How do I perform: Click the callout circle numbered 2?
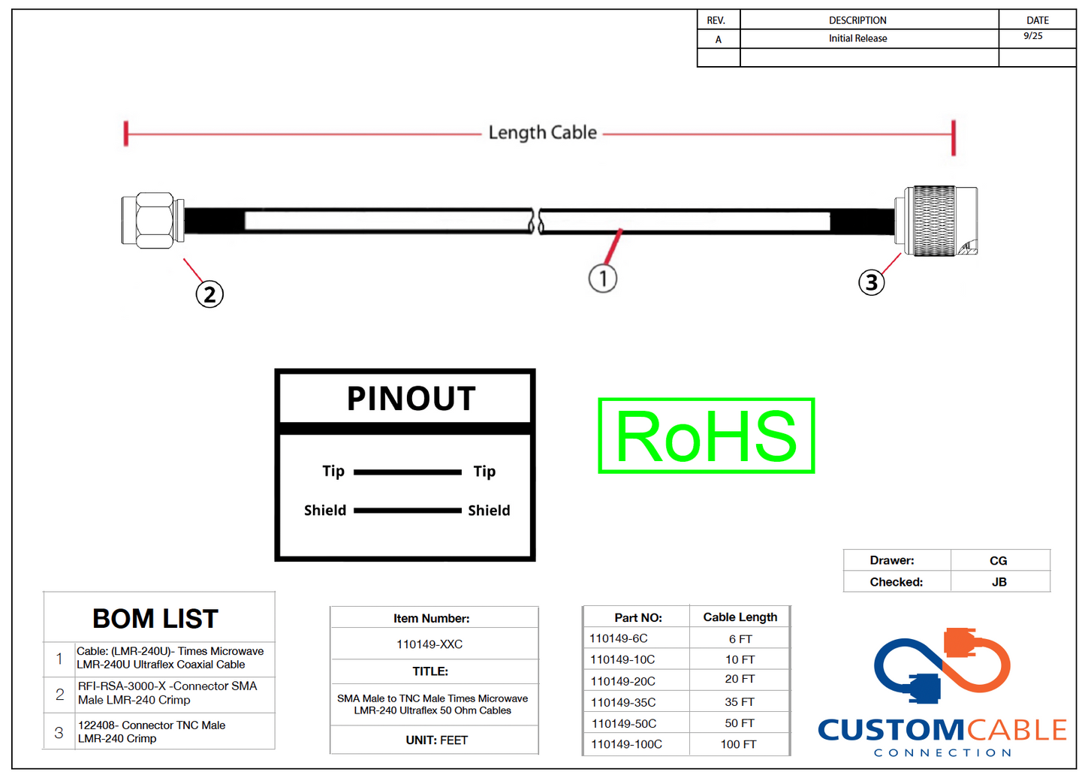coord(209,294)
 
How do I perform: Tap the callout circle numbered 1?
coord(602,278)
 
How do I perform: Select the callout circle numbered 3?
coord(871,282)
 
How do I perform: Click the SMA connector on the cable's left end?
coord(153,220)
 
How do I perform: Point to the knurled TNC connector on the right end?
coord(936,222)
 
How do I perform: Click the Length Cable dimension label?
coord(542,133)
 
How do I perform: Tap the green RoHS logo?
coord(706,436)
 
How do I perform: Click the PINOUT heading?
coord(411,399)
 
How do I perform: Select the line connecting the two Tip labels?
coord(407,472)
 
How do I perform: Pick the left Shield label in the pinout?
coord(325,511)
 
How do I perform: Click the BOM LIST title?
coord(155,619)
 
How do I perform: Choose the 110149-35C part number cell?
coord(622,703)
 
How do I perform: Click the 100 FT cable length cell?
coord(739,744)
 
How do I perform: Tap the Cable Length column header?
coord(740,617)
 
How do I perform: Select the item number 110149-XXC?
coord(429,644)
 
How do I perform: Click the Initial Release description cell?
coord(857,38)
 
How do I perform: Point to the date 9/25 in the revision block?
coord(1033,36)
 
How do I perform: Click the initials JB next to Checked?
coord(999,582)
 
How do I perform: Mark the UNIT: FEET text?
coord(436,740)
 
